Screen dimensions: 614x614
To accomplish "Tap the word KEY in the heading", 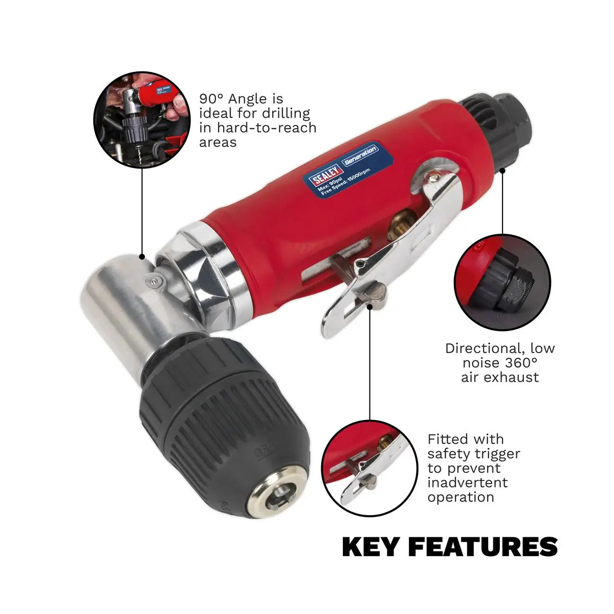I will click(x=370, y=547).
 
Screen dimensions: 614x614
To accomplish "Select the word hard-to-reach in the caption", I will click(x=266, y=127).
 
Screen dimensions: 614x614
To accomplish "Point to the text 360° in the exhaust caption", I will click(x=520, y=363).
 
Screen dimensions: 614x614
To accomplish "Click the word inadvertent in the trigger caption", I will click(x=468, y=483).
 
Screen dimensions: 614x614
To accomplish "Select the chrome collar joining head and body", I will click(x=215, y=266).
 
